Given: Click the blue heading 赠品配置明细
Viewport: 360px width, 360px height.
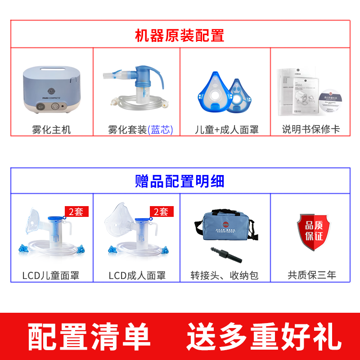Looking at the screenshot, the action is click(x=180, y=181).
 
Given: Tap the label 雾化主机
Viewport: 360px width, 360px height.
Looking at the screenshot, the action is click(x=52, y=130).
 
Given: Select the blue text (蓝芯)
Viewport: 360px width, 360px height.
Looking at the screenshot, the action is click(x=161, y=130).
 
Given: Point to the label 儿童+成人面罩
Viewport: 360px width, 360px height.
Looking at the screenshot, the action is click(x=226, y=130).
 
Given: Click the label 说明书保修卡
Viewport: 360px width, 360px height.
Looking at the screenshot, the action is click(x=310, y=130).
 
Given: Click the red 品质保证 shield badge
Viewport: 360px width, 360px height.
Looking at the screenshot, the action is click(x=313, y=231).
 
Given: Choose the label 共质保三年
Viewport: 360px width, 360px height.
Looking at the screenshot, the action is click(x=312, y=275).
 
